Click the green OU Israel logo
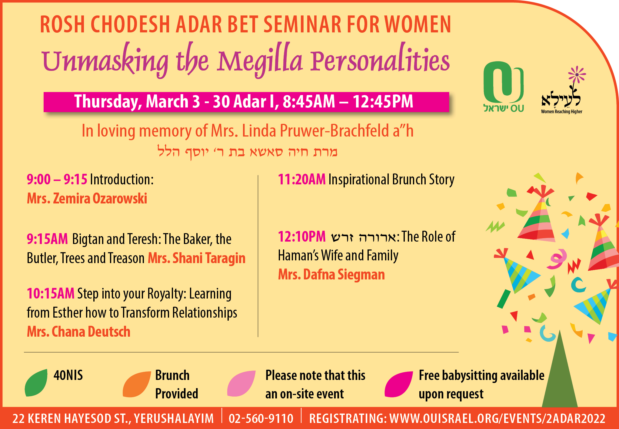504,87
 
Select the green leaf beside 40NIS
36,383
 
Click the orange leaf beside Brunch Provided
137,384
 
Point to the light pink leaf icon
241,383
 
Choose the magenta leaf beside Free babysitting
398,384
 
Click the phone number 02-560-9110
261,418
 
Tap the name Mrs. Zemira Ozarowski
87,199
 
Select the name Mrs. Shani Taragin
197,258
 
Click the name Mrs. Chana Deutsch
78,332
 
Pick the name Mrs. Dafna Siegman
331,275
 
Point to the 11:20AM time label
302,180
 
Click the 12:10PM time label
302,236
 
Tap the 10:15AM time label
51,293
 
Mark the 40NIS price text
68,375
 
